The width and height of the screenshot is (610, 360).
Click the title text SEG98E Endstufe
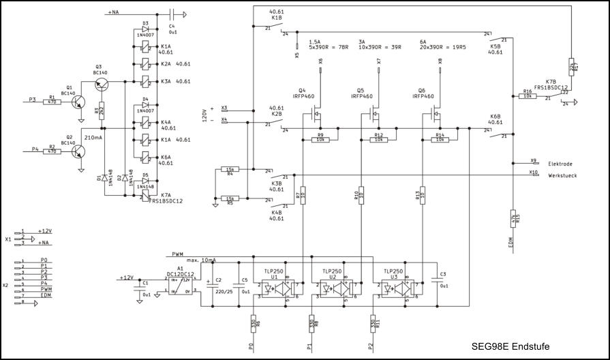[510, 346]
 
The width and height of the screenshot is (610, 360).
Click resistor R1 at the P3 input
[52, 102]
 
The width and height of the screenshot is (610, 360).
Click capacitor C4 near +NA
[172, 13]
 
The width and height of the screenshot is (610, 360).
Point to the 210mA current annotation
[94, 138]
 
